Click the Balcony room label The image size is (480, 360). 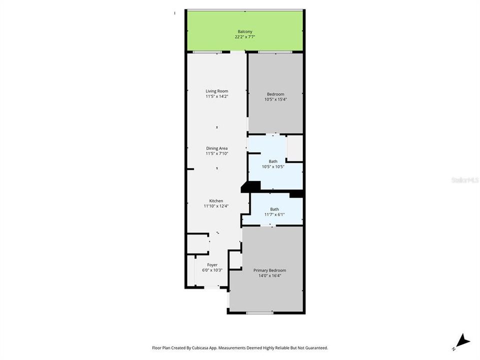(x=245, y=31)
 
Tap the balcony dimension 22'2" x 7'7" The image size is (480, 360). (x=245, y=36)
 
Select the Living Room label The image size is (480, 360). (x=216, y=91)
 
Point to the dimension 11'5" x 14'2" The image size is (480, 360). (x=216, y=96)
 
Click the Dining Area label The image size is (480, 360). (x=216, y=148)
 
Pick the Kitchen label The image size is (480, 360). (x=216, y=201)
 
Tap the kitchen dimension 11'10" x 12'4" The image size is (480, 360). (x=216, y=206)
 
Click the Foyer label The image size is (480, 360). (x=212, y=265)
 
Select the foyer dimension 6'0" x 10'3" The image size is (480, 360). (x=212, y=270)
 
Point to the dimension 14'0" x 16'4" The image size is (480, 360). (x=269, y=275)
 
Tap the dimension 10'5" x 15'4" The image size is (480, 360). (x=275, y=99)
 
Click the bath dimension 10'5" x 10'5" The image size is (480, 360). (x=273, y=166)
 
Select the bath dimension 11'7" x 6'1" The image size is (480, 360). (x=274, y=214)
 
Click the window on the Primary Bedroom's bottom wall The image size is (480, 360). (x=259, y=313)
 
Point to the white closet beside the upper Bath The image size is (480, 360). (x=295, y=147)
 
